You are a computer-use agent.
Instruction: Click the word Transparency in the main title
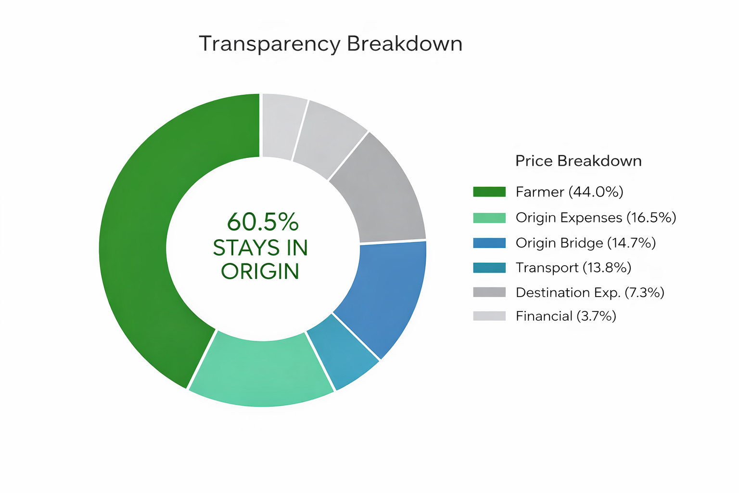coord(269,44)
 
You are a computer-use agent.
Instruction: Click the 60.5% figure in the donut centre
coord(263,221)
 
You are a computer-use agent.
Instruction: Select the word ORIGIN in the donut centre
coord(260,272)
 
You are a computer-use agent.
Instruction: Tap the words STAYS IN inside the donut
coord(260,247)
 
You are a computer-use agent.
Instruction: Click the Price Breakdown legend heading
coord(578,161)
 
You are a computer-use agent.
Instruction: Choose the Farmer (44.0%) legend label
coord(570,192)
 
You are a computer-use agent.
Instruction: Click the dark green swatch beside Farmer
coord(489,192)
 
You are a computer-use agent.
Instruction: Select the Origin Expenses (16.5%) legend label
coord(596,218)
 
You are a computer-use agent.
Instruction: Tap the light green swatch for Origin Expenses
coord(489,218)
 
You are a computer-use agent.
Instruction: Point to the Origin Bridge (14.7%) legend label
coord(586,243)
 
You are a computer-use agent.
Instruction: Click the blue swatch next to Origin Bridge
coord(489,243)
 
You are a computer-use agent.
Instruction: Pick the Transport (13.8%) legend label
coord(573,268)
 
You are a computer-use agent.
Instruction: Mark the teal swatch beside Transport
coord(489,268)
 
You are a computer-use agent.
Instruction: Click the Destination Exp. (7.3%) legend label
coord(590,293)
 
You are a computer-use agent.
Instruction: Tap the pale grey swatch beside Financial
coord(489,316)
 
